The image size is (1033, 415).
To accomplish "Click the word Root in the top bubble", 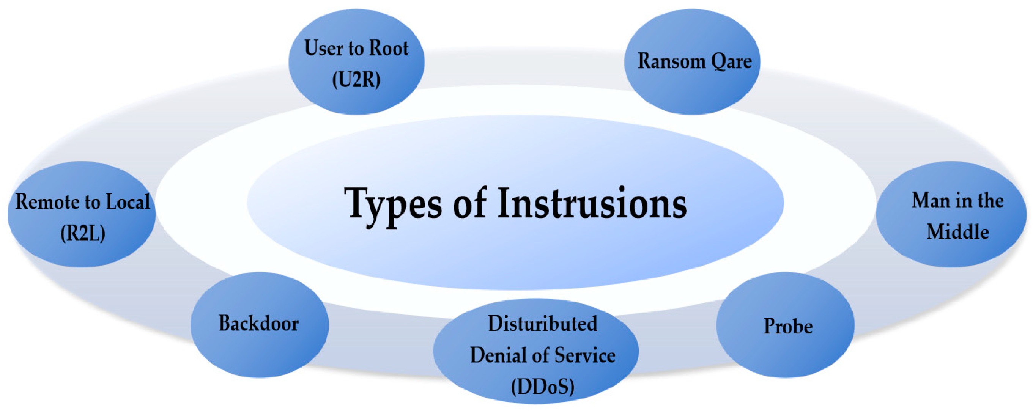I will pyautogui.click(x=388, y=49).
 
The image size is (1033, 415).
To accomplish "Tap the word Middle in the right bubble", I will pyautogui.click(x=957, y=232).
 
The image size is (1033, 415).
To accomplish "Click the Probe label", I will pyautogui.click(x=787, y=326).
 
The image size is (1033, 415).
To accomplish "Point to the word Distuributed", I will pyautogui.click(x=542, y=324).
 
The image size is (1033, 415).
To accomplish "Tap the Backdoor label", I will pyautogui.click(x=259, y=323).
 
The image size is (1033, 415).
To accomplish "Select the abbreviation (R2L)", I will pyautogui.click(x=83, y=233).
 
